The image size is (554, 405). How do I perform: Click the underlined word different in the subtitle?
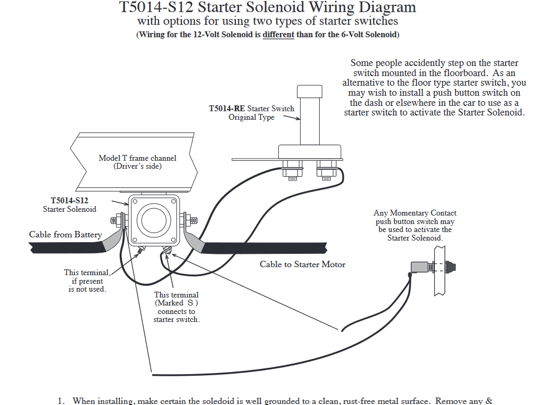pos(278,35)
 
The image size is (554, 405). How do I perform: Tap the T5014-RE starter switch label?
pos(251,109)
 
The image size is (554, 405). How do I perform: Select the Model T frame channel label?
pos(137,162)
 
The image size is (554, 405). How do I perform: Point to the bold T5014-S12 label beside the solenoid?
pos(69,201)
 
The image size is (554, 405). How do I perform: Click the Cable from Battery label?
pos(65,235)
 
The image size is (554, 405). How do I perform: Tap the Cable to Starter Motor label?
pos(302,264)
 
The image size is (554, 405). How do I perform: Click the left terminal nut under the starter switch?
pos(290,171)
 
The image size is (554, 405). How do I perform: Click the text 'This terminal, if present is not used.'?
pos(87,281)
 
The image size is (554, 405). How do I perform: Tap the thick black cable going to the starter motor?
pos(266,248)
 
